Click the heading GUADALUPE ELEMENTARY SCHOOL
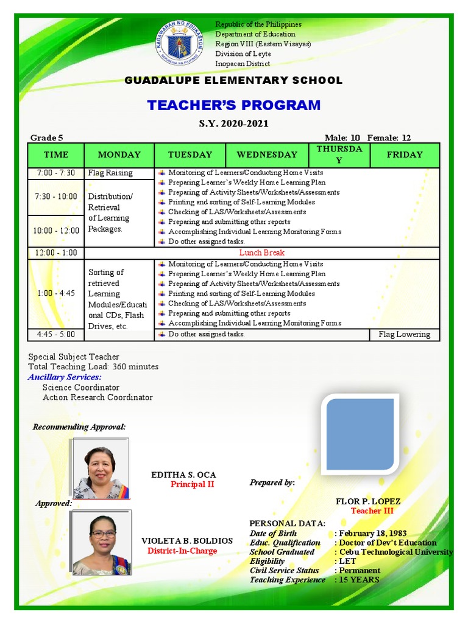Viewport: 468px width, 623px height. (233, 80)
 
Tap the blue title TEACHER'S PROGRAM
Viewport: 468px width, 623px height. (233, 105)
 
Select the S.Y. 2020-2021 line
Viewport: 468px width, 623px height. (233, 124)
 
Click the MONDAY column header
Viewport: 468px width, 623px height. (119, 155)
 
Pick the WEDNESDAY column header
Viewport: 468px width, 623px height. (267, 155)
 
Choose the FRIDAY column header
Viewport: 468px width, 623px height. (404, 155)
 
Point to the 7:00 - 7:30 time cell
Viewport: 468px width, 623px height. (55, 173)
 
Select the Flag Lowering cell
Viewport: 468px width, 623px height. (404, 335)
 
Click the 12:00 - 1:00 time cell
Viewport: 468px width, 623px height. (56, 252)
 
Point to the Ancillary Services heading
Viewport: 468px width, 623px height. (65, 377)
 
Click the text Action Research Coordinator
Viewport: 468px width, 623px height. (97, 397)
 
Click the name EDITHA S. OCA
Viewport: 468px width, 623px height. (183, 475)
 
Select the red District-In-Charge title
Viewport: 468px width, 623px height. (182, 551)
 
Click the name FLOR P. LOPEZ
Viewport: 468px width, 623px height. (368, 501)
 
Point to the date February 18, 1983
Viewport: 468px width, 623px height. (373, 534)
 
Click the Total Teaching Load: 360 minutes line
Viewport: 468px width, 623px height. (93, 367)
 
